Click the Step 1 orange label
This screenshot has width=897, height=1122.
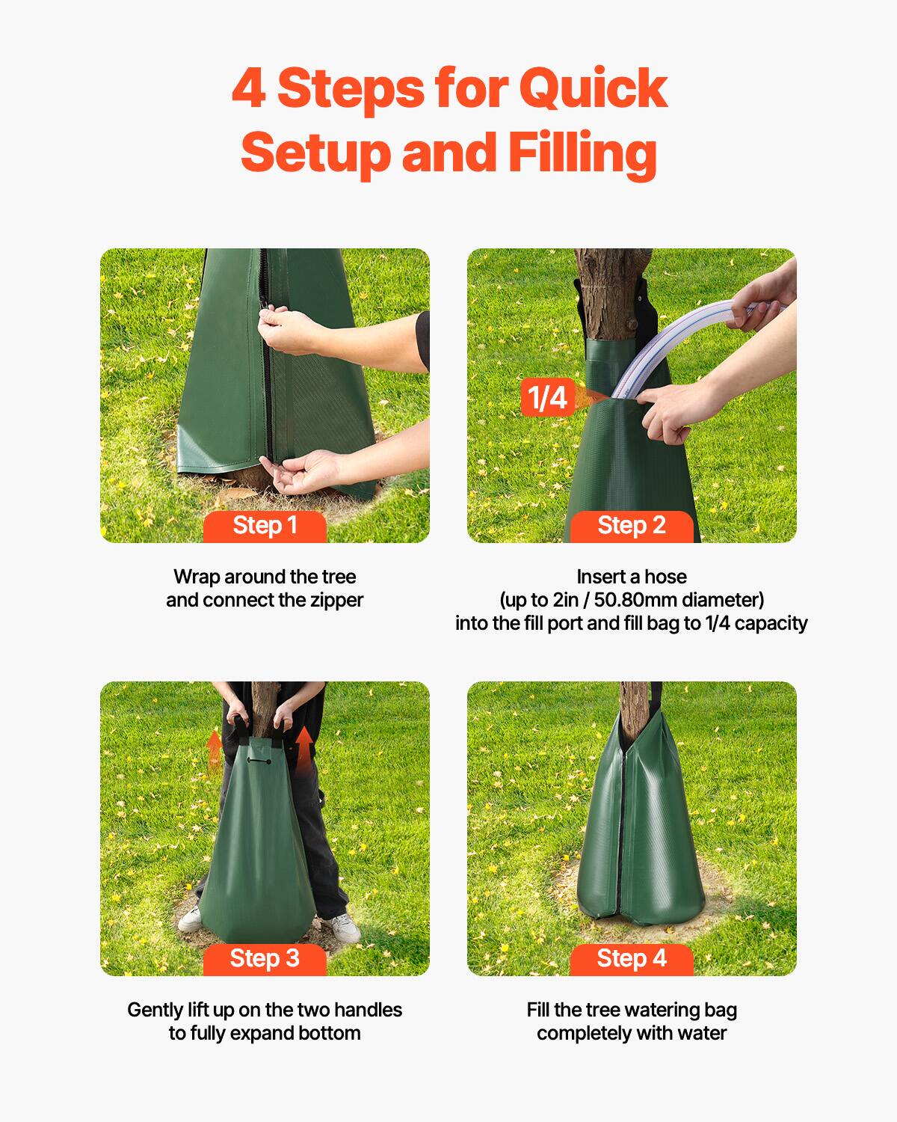click(x=265, y=526)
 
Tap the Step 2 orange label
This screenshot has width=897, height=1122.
click(x=632, y=526)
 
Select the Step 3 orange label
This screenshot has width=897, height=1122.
click(x=265, y=959)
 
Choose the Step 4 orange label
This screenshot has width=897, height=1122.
click(x=632, y=959)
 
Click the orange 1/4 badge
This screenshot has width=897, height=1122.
click(x=547, y=397)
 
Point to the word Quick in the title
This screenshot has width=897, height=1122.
click(x=592, y=88)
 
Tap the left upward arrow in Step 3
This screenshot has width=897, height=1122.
click(x=215, y=746)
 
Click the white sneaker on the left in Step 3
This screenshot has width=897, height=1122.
click(x=191, y=918)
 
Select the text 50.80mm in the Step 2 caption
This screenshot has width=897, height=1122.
click(x=635, y=601)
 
